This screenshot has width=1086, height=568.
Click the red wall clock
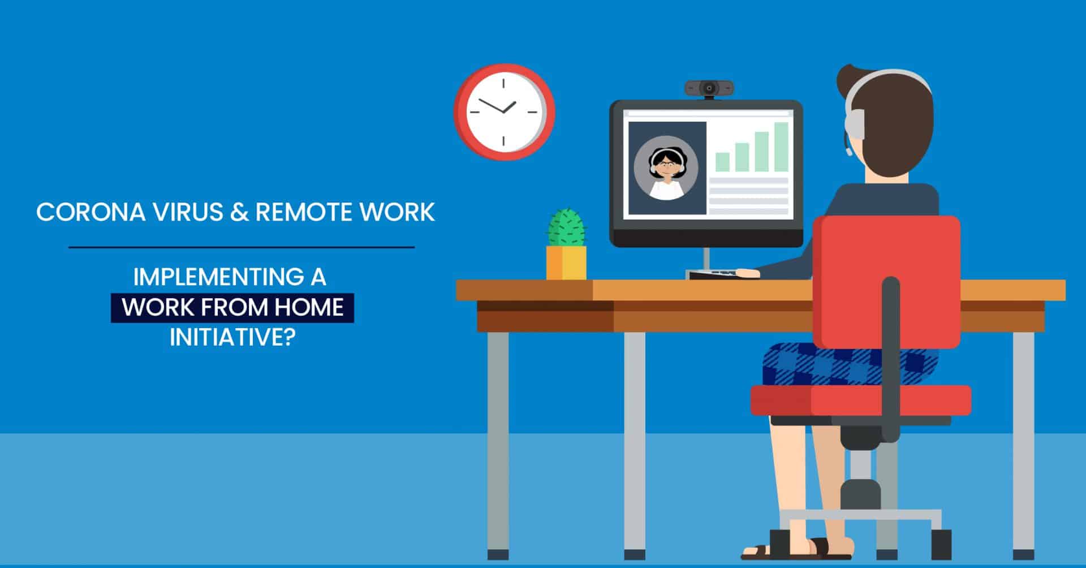503,111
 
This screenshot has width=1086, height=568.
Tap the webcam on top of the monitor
709,88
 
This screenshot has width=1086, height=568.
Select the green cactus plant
566,227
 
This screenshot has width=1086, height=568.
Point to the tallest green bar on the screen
781,147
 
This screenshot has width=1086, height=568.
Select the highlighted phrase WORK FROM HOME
232,307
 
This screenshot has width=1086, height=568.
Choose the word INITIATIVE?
232,337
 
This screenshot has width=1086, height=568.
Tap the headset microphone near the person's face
848,152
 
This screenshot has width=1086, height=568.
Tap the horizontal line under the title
242,247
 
